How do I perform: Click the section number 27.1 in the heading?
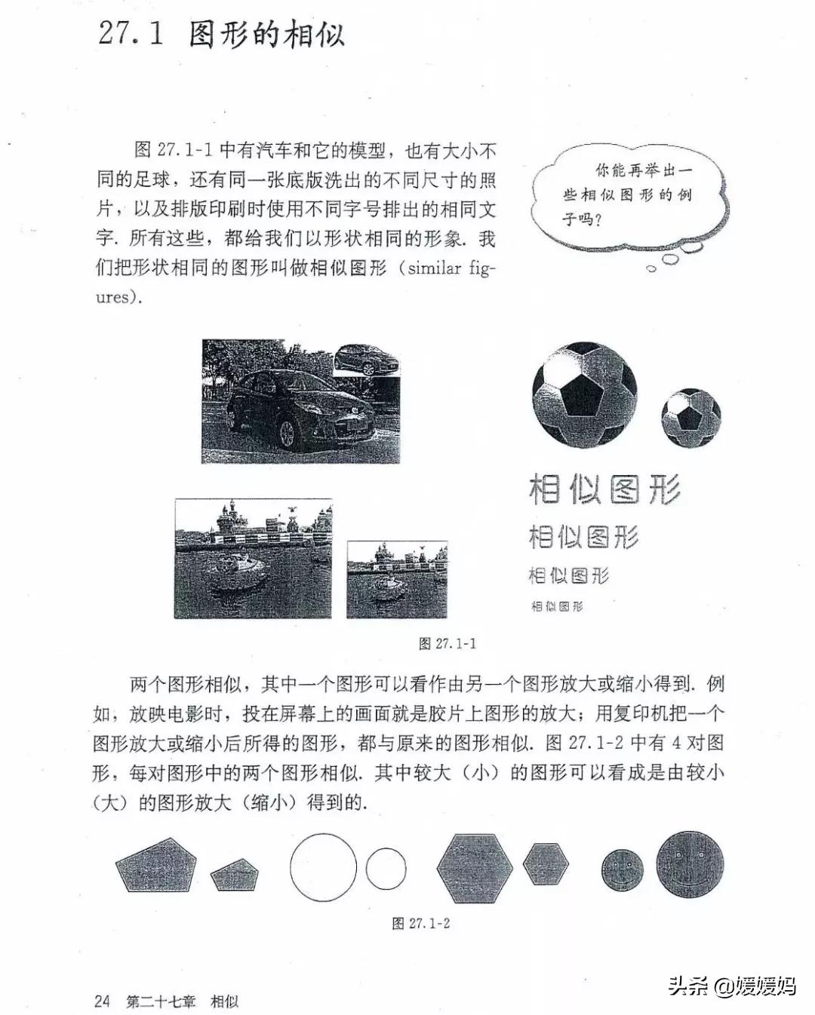(131, 34)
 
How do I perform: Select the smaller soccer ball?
(690, 418)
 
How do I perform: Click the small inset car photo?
(368, 358)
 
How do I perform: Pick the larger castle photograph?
(253, 558)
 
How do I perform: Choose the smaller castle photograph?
(397, 579)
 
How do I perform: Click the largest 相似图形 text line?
(604, 489)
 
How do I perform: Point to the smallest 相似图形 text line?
(557, 606)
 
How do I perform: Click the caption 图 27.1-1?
(447, 643)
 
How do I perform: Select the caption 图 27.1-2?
(421, 923)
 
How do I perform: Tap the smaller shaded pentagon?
(235, 875)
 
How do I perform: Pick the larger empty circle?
(323, 867)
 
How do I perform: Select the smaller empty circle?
(386, 869)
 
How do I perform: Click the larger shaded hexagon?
(475, 868)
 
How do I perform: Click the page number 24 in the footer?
(102, 1001)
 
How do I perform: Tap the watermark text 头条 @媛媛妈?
(731, 986)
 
